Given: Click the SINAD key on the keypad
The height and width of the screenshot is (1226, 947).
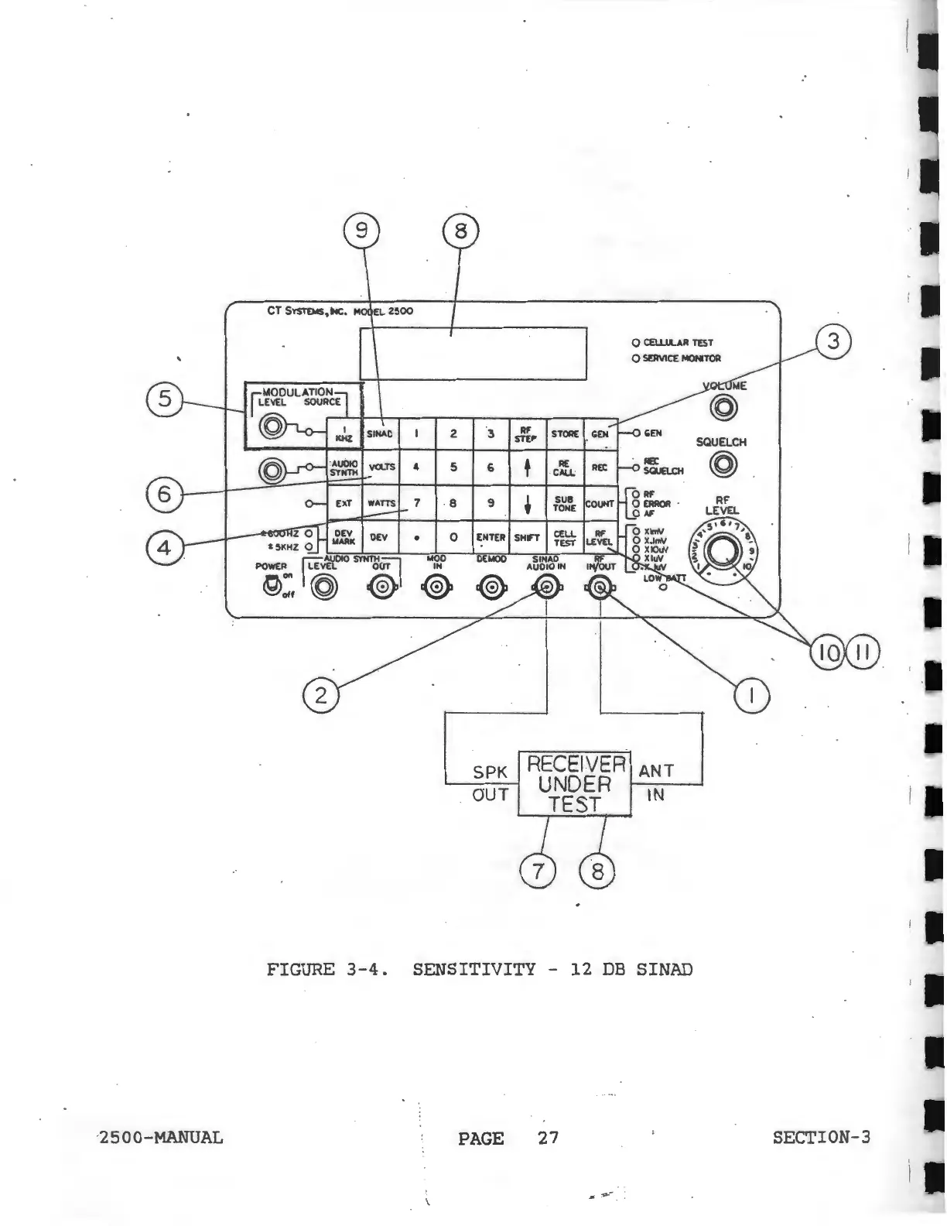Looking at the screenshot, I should click(x=379, y=433).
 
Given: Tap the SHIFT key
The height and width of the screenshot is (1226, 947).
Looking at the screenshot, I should click(x=527, y=537).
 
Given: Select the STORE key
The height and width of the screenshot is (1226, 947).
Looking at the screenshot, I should click(x=565, y=433).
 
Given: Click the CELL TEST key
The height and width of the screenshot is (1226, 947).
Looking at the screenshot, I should click(x=565, y=537).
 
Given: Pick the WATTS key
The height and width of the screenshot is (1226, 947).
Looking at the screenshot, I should click(x=381, y=503).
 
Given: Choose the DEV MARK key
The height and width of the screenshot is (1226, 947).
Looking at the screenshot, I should click(x=344, y=537).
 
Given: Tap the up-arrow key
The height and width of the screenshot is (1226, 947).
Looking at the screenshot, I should click(x=527, y=467).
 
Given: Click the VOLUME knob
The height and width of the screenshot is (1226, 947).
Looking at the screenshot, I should click(x=723, y=408).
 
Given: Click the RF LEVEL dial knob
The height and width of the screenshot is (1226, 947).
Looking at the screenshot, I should click(x=725, y=548).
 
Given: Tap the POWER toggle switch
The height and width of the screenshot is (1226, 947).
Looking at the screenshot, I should click(x=271, y=586).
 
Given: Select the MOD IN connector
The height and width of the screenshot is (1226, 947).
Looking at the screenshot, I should click(x=436, y=589).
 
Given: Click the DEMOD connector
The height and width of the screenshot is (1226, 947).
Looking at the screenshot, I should click(x=491, y=589).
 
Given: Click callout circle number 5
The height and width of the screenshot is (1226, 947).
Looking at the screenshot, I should click(x=165, y=399).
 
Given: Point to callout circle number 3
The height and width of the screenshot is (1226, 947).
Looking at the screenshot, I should click(x=833, y=341).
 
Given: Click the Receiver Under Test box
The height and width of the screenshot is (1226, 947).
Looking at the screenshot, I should click(x=575, y=783).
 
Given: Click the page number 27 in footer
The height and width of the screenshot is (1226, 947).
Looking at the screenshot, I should click(x=548, y=1137).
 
